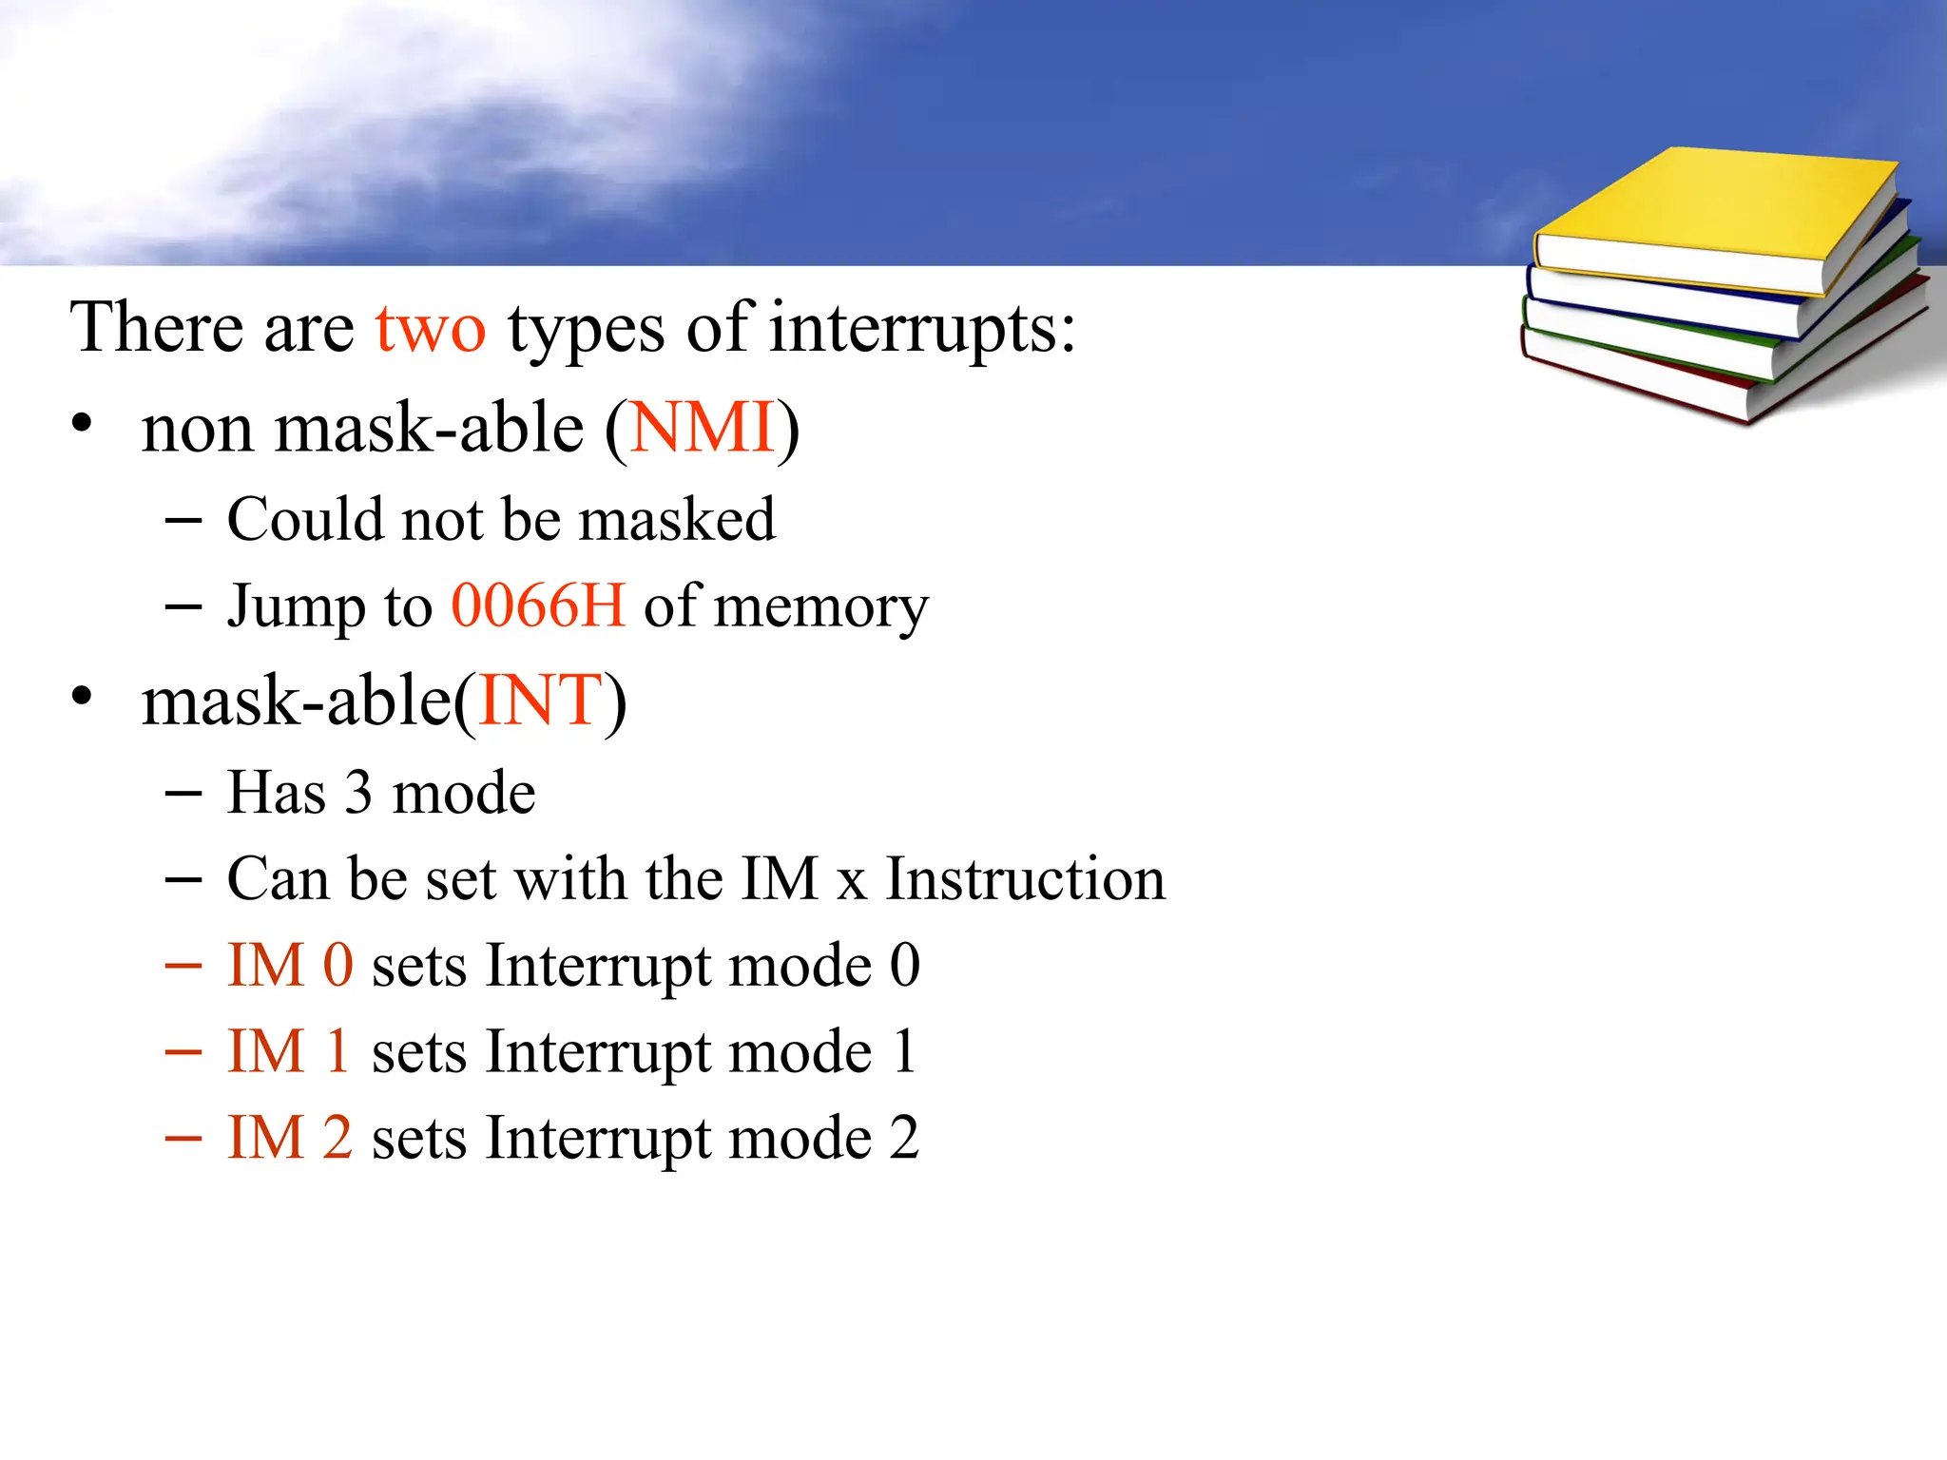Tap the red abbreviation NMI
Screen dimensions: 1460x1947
(703, 428)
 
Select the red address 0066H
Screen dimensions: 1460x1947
(538, 605)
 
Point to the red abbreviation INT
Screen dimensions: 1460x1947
(541, 701)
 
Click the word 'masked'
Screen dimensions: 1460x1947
(677, 520)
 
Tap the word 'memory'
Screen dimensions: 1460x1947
(820, 607)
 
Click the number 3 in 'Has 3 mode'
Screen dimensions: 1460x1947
(357, 793)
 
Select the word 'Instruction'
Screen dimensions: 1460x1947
(1025, 878)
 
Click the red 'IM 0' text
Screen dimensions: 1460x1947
(290, 966)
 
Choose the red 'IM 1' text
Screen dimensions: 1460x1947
(288, 1052)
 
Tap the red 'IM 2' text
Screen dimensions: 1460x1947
(290, 1138)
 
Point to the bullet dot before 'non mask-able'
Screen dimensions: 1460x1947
(83, 424)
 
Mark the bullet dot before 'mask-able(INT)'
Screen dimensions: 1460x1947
(83, 697)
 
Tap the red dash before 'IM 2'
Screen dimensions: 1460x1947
(183, 1138)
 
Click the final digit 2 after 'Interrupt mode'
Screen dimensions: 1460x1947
(904, 1138)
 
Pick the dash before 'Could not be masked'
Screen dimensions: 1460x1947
(183, 520)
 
